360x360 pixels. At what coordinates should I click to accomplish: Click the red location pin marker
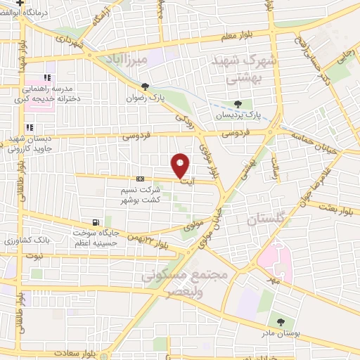point(181,165)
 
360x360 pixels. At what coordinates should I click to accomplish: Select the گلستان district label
point(267,221)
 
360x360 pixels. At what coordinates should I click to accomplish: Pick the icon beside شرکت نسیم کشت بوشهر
point(140,179)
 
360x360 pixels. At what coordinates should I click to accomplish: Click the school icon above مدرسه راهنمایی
point(47,78)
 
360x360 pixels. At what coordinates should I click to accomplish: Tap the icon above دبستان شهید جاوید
point(30,127)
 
